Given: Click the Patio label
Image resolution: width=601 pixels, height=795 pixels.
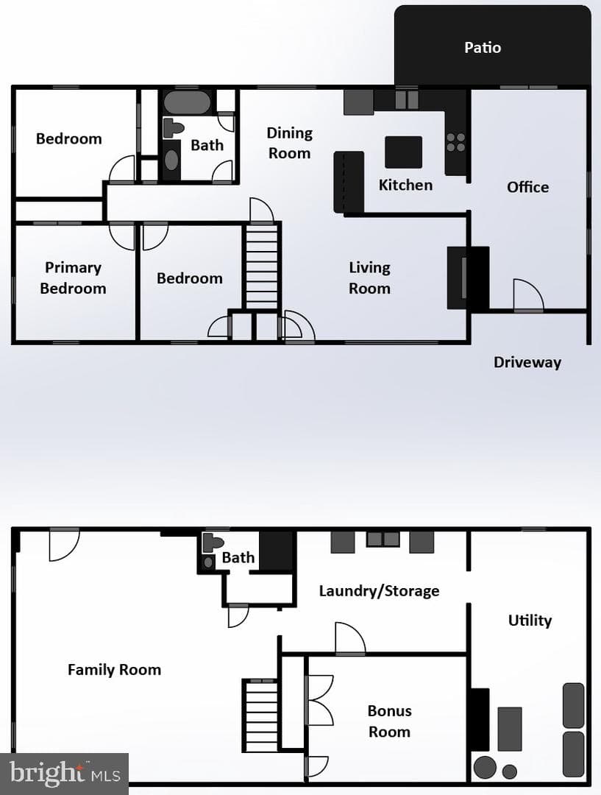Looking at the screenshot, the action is coord(483,48).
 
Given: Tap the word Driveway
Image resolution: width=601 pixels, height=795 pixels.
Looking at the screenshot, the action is coord(527,362).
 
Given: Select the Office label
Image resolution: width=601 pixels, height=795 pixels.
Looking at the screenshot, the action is coord(527,187).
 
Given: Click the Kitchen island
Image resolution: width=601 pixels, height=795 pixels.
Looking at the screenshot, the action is coord(403,152).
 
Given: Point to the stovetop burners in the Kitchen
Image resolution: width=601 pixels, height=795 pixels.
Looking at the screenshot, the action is coord(455,143).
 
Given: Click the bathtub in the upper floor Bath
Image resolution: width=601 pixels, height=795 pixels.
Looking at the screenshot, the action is coord(187,102).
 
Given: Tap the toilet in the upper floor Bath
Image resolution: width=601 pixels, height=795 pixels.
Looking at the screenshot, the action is coord(173,128).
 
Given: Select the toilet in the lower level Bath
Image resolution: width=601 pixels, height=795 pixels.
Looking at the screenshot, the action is coord(213,543).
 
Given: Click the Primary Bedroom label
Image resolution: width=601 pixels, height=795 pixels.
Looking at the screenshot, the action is coord(73,278).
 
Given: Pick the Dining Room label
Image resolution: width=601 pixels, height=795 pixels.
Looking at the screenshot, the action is coord(289,143).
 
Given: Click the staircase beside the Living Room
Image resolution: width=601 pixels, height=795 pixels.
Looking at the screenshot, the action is coord(261,266).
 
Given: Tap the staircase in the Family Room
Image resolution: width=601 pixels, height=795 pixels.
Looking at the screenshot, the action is coord(261,715).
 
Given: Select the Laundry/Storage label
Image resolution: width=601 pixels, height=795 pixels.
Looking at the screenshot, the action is coord(379,591).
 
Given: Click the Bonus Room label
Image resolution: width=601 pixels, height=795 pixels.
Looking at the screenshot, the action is coord(389,721).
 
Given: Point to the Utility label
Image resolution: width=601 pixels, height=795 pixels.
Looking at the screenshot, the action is coord(530,621).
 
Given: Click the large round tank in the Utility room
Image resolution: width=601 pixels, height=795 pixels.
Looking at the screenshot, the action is coord(485,767).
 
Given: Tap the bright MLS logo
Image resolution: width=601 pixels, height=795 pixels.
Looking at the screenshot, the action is coord(64,774).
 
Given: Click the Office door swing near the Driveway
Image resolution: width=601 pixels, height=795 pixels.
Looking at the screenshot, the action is coord(528,294).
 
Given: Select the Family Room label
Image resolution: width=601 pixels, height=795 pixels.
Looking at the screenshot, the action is coord(115,670).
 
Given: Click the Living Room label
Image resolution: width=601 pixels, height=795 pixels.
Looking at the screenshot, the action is coord(369,278).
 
